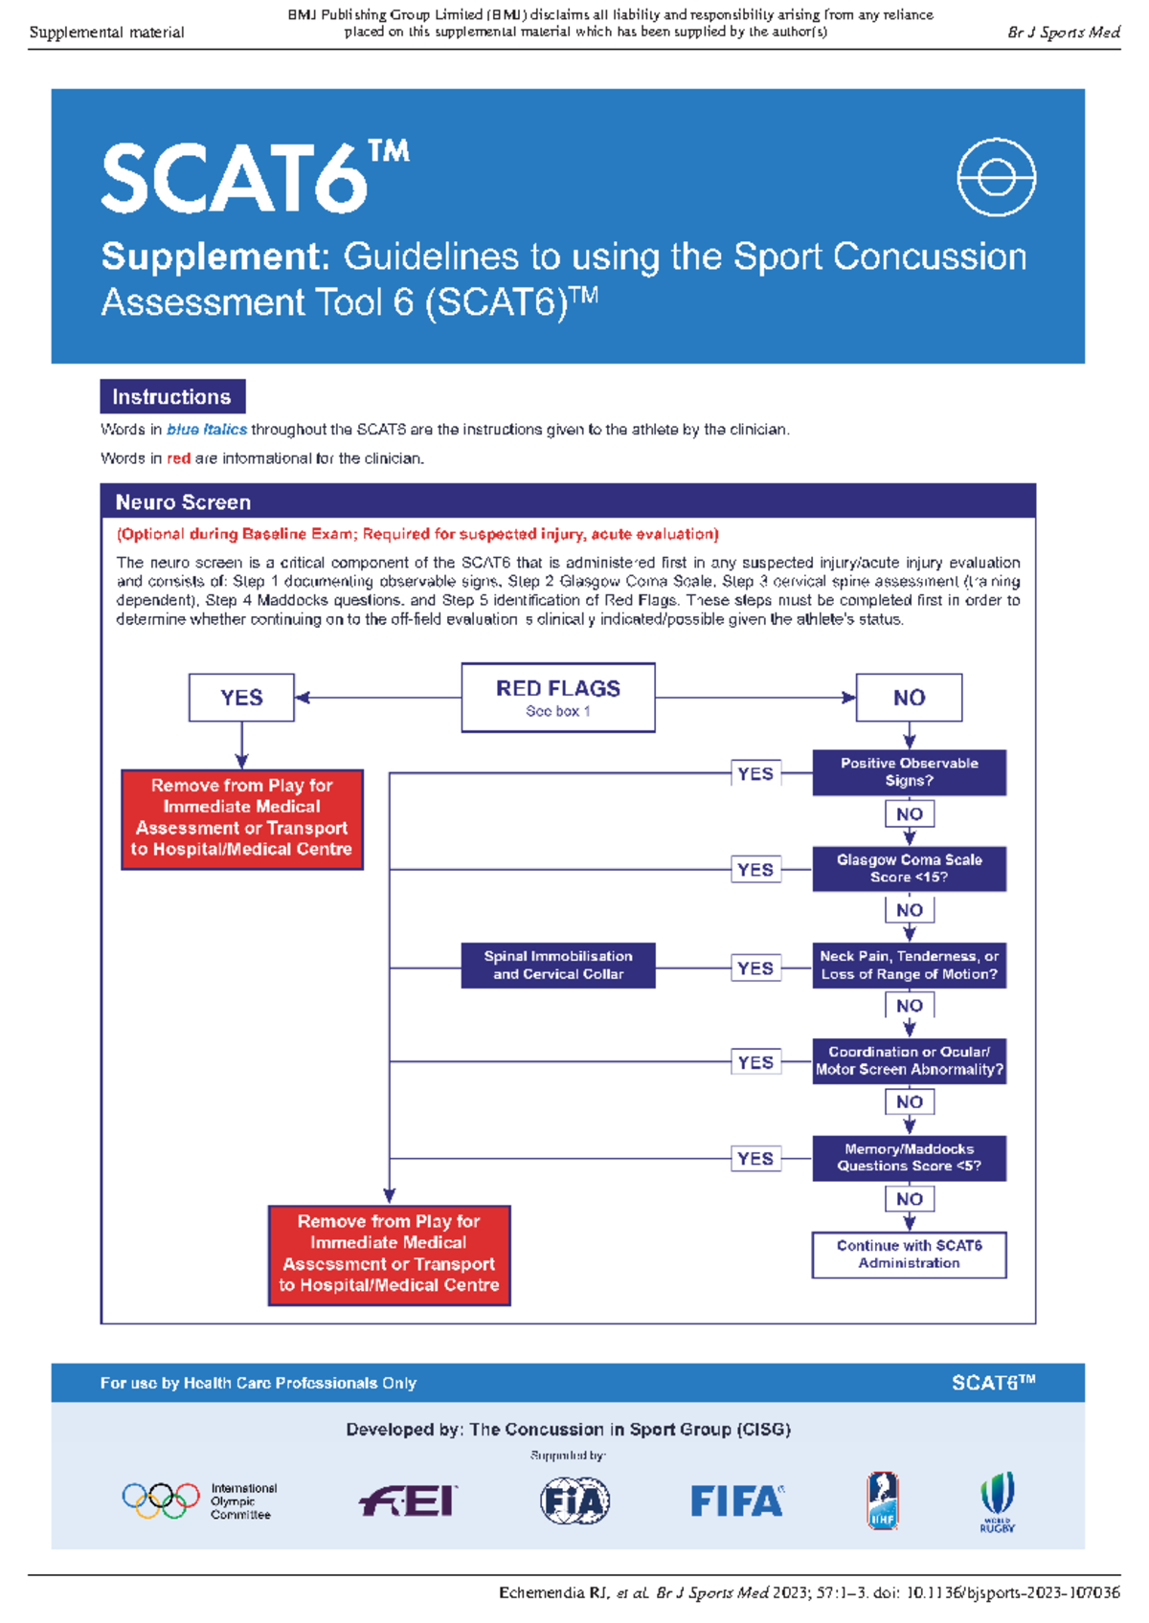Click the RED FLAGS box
pos(558,698)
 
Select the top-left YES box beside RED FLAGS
pos(241,698)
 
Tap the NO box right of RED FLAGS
pos(909,698)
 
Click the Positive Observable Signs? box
pos(909,772)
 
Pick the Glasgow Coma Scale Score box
pos(909,869)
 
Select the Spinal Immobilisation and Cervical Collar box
pos(558,966)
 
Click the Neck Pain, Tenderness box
pos(909,966)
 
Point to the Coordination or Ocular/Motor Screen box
pos(909,1061)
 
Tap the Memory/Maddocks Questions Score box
pos(909,1158)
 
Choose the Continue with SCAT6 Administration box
pos(909,1255)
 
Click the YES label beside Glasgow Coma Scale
pos(755,870)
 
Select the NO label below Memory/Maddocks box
pos(910,1199)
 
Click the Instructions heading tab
pos(172,397)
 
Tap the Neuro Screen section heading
pos(184,502)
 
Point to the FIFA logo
pos(737,1501)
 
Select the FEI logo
pos(409,1501)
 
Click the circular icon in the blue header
pos(996,178)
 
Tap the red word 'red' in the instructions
pos(179,458)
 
